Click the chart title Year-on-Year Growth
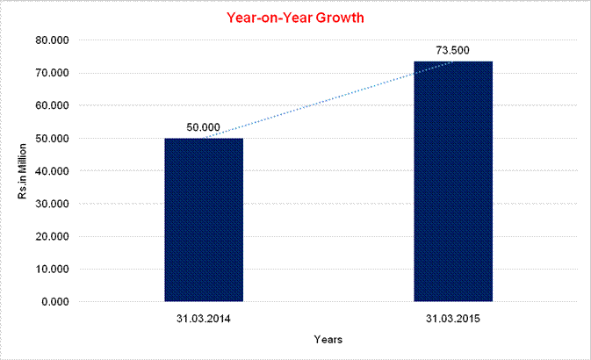pyautogui.click(x=295, y=17)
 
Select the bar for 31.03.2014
pyautogui.click(x=204, y=220)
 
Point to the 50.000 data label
pyautogui.click(x=204, y=127)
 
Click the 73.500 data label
pyautogui.click(x=453, y=50)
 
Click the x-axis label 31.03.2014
pyautogui.click(x=203, y=316)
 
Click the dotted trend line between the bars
pyautogui.click(x=328, y=99)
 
